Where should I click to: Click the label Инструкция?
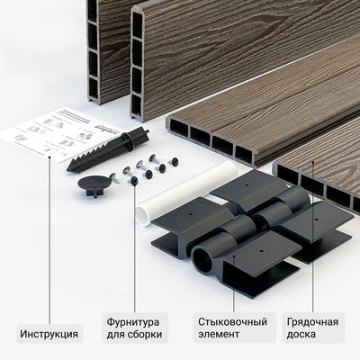(49, 334)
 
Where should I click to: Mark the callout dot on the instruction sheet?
(49, 156)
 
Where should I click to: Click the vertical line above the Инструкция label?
(49, 234)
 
